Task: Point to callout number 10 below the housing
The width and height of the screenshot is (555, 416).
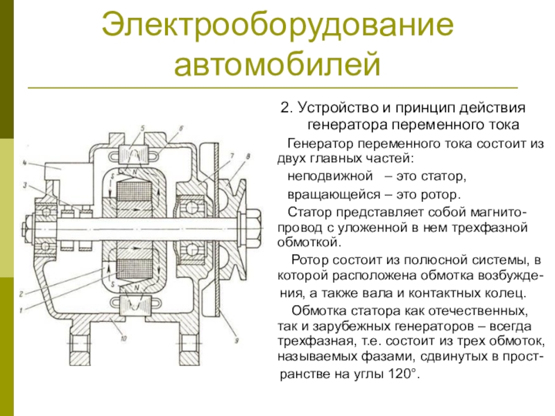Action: point(123,339)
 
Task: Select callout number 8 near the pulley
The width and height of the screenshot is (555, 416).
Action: point(246,157)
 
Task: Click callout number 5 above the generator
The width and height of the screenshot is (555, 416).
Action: point(142,128)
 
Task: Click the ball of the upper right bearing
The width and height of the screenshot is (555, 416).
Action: point(189,202)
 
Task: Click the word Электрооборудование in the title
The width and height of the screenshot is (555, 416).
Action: point(277,26)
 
